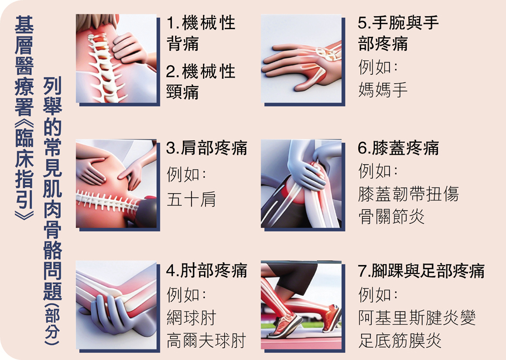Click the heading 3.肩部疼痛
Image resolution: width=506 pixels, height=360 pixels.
coord(206,148)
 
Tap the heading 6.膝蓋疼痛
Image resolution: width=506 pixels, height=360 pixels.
coord(398,148)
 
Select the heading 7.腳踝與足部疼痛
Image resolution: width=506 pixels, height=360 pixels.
coord(421,271)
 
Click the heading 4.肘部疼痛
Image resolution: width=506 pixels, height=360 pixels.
coord(206,271)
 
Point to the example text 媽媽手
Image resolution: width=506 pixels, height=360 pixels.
coord(383,89)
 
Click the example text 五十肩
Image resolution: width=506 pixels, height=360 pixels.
coord(191,199)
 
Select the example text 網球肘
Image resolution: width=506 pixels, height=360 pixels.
coord(191,318)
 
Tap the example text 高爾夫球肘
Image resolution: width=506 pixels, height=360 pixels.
coord(206,340)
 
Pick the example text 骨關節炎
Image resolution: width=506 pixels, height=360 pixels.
coord(392,217)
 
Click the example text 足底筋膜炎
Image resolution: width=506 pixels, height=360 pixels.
coord(399,340)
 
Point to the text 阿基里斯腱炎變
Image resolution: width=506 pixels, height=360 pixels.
coord(417,318)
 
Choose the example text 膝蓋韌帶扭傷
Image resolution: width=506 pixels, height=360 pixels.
coord(408,194)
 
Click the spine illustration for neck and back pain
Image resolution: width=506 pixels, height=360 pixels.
coord(116,59)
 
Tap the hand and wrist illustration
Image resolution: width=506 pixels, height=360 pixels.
coord(301,59)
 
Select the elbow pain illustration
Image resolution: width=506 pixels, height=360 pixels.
coord(116,305)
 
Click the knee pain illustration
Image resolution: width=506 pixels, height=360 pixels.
coord(301,184)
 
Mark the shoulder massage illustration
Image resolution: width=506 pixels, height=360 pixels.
coord(116,184)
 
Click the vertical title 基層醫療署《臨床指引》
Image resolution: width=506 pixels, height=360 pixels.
coord(24,118)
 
